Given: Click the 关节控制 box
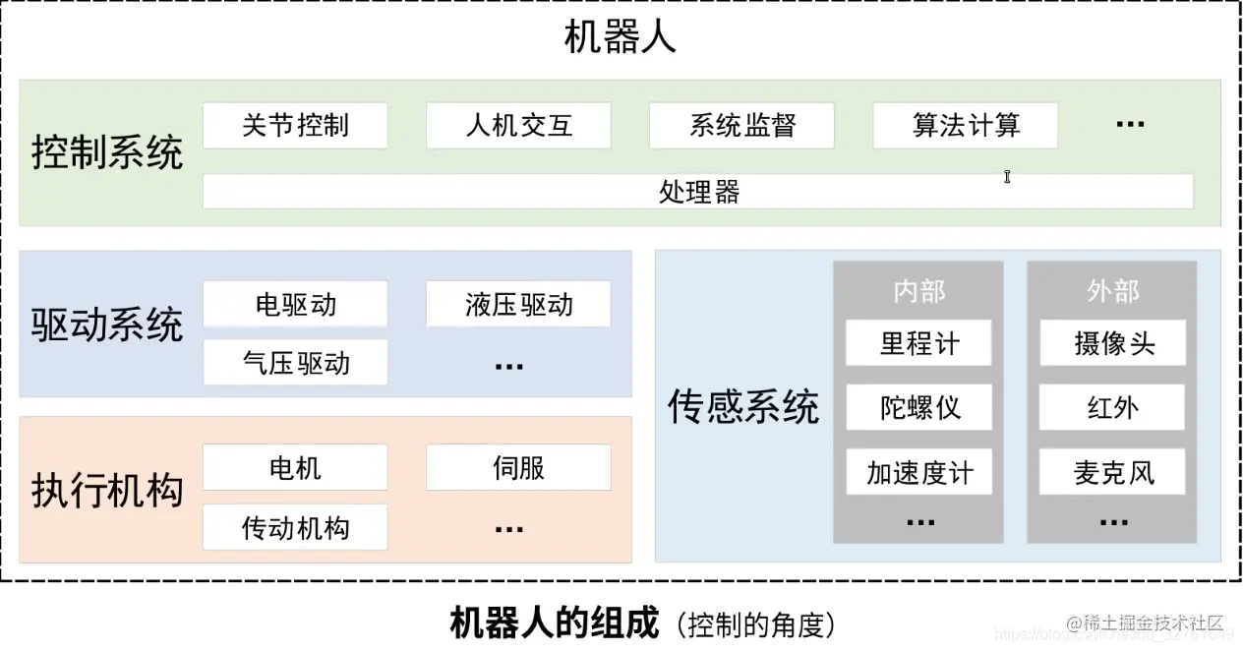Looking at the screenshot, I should pos(295,126).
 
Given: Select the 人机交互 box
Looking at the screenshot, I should pos(518,126).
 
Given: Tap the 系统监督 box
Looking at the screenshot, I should pos(741,126).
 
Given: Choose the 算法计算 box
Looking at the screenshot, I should pos(966,126).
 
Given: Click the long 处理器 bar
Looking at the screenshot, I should pos(698,191).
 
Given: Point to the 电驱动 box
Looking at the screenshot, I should pos(295,305).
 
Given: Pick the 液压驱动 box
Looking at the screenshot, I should pos(518,305).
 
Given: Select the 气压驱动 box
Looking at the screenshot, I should pos(295,363).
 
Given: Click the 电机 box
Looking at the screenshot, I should pos(295,468).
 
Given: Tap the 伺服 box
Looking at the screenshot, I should pos(518,468).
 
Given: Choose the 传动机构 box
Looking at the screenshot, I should pos(295,527).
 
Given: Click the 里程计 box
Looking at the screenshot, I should pos(918,343).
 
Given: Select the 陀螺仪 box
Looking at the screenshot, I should pos(918,407).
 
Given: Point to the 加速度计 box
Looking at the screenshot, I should pos(918,472).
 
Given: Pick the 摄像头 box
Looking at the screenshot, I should pos(1113,343).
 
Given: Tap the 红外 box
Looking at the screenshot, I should pos(1113,407).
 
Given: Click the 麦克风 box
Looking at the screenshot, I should pos(1113,472).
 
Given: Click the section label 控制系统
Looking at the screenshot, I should pos(107,154).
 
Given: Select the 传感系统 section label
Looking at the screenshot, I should pos(743,406).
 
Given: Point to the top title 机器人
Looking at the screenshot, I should pos(620,38).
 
